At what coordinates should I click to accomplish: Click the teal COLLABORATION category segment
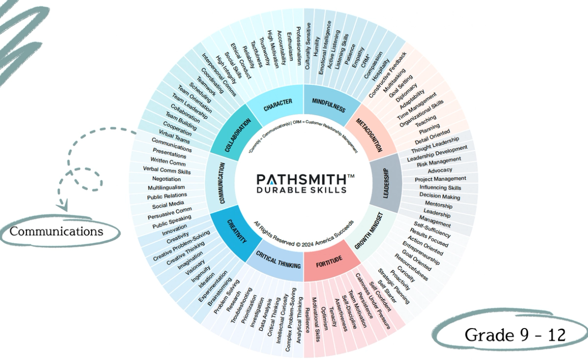[x=237, y=135]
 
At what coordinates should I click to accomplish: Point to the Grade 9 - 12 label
[x=515, y=335]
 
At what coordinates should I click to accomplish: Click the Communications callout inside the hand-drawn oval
[x=56, y=231]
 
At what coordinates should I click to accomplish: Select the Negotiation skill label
[x=166, y=179]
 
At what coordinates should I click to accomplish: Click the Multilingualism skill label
[x=166, y=187]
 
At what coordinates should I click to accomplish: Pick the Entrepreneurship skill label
[x=421, y=253]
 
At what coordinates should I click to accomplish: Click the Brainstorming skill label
[x=220, y=292]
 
